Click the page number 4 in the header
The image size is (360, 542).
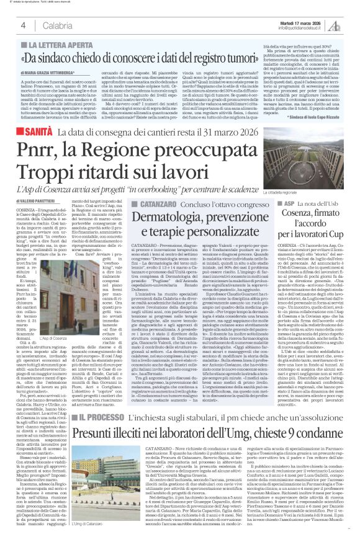coord(22,24)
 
